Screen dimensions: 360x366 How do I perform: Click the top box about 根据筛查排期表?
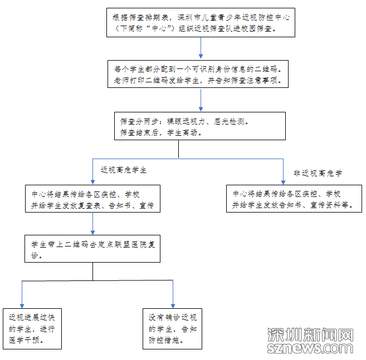pos(201,23)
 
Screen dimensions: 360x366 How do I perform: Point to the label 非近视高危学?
pos(318,173)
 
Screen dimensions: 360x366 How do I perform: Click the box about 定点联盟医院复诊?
pos(93,249)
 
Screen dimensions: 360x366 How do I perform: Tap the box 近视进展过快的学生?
pos(32,328)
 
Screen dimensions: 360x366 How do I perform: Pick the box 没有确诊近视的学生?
pos(173,328)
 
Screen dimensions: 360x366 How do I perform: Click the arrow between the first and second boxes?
pos(201,48)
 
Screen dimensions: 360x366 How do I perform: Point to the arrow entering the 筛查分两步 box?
pos(201,101)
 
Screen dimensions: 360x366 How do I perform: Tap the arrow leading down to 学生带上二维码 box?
pos(93,225)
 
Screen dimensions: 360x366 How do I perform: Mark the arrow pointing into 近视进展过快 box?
pos(22,295)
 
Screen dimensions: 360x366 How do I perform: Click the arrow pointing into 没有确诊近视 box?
pos(173,295)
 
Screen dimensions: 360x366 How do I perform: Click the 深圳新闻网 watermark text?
pos(310,335)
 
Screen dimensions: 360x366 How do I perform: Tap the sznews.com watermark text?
pos(310,348)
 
